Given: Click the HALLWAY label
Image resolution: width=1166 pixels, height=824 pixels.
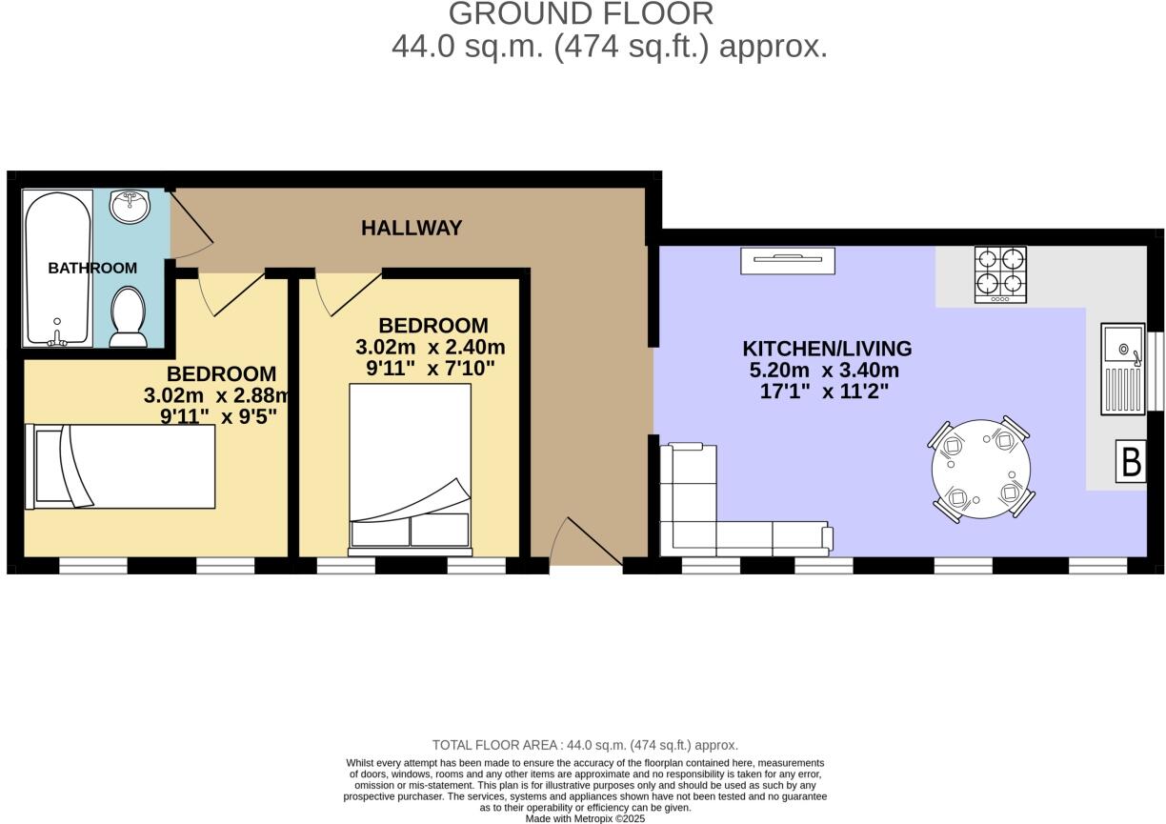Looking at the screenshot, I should (x=412, y=229).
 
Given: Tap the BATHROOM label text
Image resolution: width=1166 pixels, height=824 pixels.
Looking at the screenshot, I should (x=92, y=269).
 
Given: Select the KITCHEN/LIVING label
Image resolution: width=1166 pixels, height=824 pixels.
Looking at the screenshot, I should (x=827, y=349).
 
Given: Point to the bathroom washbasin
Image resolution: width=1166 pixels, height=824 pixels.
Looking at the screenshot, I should (x=130, y=205).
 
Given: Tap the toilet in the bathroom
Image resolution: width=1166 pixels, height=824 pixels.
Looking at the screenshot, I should (x=128, y=317).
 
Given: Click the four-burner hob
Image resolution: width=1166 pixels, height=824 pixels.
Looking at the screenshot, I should (x=1000, y=274).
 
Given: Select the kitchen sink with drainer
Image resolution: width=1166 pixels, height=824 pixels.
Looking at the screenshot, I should (x=1123, y=370).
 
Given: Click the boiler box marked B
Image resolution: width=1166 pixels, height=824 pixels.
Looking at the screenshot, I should (x=1131, y=462).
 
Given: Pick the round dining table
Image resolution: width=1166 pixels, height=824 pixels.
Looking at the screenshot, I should (x=980, y=469).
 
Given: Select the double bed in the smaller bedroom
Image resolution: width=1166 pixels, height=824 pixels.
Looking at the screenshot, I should (x=411, y=467).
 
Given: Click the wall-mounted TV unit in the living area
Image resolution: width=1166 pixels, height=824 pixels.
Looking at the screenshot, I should (x=788, y=260).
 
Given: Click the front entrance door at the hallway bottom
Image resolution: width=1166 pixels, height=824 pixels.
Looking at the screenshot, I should (x=586, y=545).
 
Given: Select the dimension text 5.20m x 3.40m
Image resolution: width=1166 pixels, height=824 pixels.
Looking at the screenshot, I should (x=827, y=371).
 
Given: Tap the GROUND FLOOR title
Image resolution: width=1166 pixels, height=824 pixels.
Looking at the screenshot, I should (x=581, y=14).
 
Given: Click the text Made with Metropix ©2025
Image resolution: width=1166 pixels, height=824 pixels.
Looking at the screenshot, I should (x=585, y=818).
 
